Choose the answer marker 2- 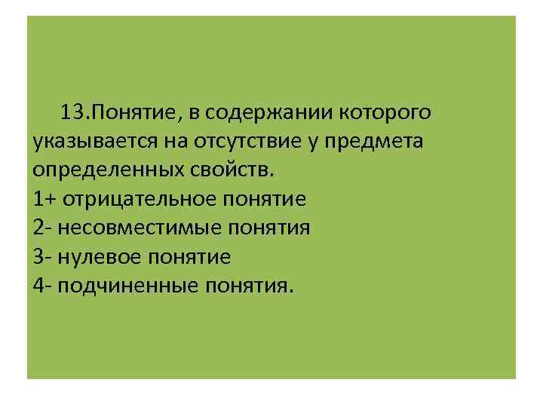(x=42, y=228)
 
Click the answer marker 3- (x=42, y=256)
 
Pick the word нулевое (x=102, y=256)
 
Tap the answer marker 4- (x=42, y=286)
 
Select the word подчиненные (x=120, y=286)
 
